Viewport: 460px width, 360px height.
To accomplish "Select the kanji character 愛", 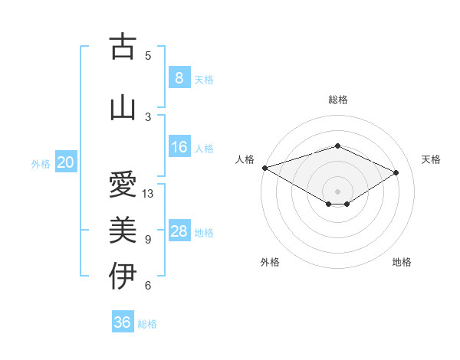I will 123,185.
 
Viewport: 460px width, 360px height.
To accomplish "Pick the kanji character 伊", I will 123,276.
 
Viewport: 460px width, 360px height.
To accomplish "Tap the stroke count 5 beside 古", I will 148,55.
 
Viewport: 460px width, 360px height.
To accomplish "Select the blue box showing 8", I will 179,78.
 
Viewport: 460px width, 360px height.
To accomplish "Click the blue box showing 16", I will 179,147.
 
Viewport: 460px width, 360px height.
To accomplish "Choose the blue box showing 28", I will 179,231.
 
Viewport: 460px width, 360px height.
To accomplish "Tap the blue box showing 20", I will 66,162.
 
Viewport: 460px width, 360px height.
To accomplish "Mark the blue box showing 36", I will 123,322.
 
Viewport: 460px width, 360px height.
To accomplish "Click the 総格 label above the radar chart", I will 337,100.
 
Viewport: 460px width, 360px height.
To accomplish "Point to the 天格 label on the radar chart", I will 431,159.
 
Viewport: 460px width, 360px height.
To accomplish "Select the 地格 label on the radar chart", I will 402,262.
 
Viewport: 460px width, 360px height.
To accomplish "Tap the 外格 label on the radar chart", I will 270,262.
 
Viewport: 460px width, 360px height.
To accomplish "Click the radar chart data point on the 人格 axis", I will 264,168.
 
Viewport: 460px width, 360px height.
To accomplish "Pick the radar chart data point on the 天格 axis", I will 396,173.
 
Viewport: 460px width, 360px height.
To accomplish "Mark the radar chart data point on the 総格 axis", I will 337,146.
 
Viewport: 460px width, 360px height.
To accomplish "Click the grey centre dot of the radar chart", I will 337,191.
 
